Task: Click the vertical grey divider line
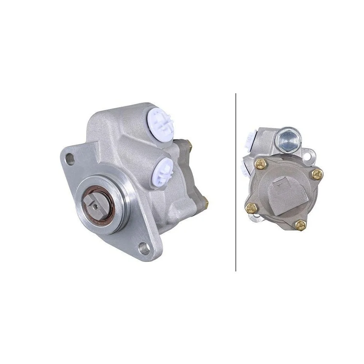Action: pos(236,182)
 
